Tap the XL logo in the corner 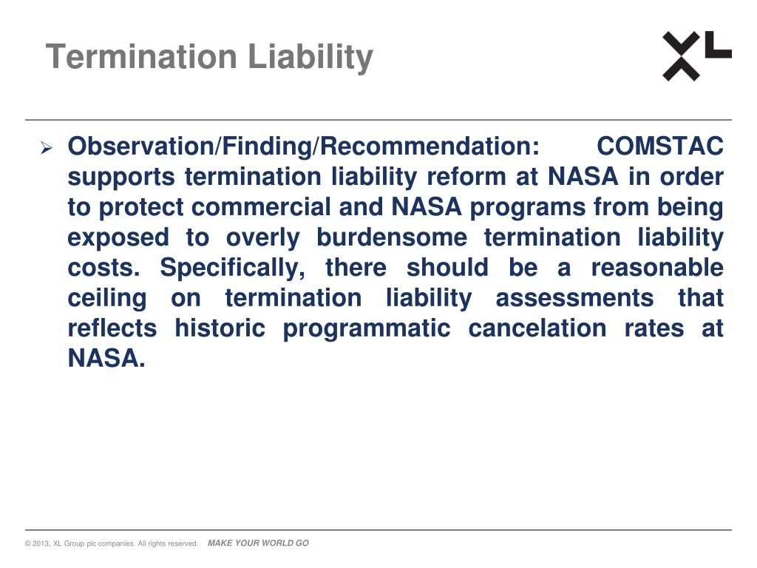[x=696, y=55]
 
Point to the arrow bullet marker [x=46, y=148]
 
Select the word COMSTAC [x=660, y=146]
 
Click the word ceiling [x=106, y=298]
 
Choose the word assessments [x=574, y=298]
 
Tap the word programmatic [x=366, y=328]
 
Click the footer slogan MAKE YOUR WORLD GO [x=258, y=544]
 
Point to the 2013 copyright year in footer [x=41, y=544]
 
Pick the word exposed [x=118, y=237]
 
